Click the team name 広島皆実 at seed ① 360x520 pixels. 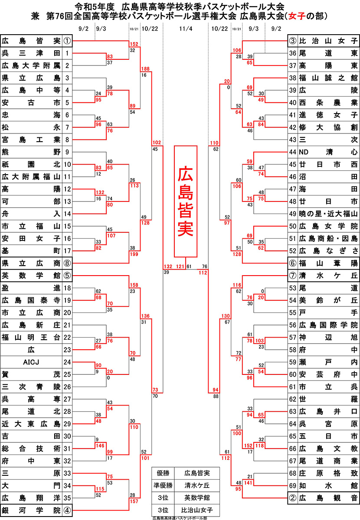31,42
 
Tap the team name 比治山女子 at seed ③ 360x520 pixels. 328,42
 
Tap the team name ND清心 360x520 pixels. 328,152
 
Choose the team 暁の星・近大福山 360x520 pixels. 328,214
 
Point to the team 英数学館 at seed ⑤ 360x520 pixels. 31,275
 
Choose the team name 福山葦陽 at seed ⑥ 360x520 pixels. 328,263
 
